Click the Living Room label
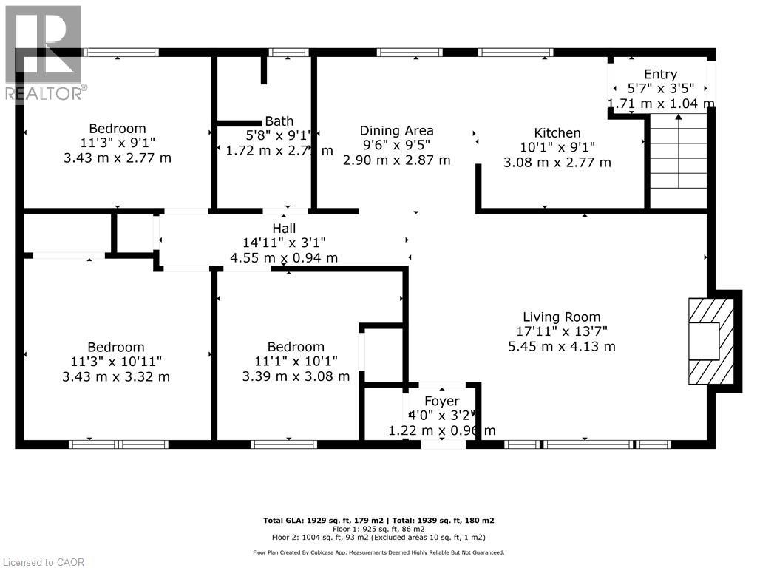561,317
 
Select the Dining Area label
396,131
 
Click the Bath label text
279,121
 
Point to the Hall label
283,229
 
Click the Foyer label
441,402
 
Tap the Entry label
660,74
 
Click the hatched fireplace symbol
710,341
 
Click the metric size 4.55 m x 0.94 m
284,258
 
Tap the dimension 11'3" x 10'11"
117,362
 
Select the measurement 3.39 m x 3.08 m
296,376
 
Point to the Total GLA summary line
378,521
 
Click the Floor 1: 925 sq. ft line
378,530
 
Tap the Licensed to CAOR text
43,562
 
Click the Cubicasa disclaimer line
378,552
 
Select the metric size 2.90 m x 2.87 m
396,160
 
